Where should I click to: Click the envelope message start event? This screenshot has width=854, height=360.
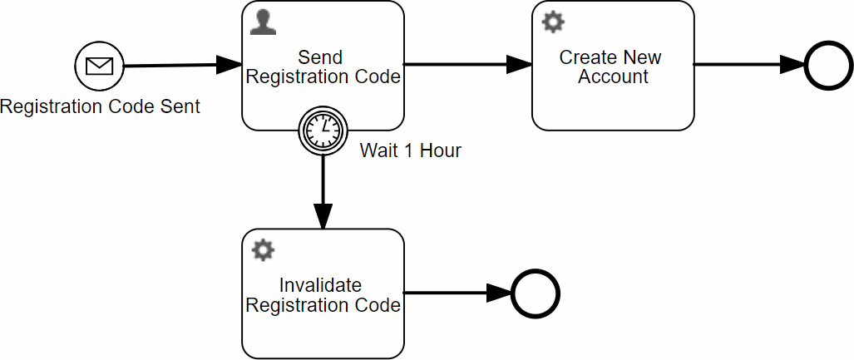[x=99, y=65]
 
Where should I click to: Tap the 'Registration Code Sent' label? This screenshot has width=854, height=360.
[x=100, y=106]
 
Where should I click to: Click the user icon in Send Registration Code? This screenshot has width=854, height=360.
[x=263, y=22]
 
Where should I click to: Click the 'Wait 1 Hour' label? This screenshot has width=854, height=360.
[x=410, y=150]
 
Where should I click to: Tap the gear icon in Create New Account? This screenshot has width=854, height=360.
[x=553, y=22]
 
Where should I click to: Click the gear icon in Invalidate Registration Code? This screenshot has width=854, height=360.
[x=263, y=249]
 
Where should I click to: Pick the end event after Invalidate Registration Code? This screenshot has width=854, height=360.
[x=536, y=293]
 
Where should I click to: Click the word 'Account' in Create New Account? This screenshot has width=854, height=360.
[x=613, y=76]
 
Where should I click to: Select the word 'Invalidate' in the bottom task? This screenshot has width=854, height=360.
[x=320, y=285]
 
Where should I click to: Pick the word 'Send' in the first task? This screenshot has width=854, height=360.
[x=320, y=57]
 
